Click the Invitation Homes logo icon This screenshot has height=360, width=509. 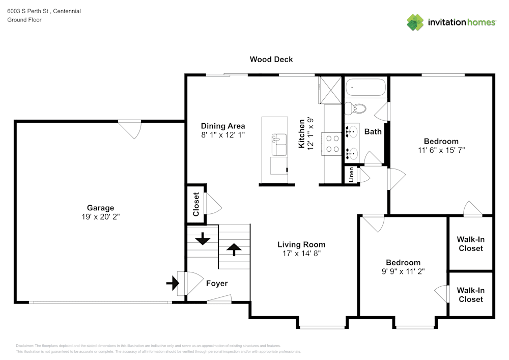[x=415, y=22]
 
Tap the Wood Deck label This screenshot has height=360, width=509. [x=271, y=60]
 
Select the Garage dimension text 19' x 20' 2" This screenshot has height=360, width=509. [x=100, y=216]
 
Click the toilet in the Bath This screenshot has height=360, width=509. [x=355, y=108]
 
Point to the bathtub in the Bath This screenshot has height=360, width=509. [x=365, y=88]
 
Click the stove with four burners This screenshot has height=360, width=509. [x=332, y=143]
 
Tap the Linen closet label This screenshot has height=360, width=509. [x=351, y=175]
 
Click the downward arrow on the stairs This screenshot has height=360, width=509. [x=203, y=238]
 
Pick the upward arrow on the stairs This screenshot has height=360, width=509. [x=234, y=250]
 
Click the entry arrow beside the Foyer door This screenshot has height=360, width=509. [x=172, y=282]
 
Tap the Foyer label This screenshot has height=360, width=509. [x=216, y=283]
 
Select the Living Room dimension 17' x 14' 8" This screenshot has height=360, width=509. [x=301, y=253]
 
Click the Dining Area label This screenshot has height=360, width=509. [x=223, y=126]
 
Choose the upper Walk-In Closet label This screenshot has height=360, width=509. [x=470, y=244]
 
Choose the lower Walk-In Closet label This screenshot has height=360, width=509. [x=470, y=295]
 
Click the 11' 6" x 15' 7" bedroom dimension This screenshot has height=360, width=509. [x=441, y=150]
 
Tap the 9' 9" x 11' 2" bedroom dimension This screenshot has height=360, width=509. [x=403, y=271]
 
